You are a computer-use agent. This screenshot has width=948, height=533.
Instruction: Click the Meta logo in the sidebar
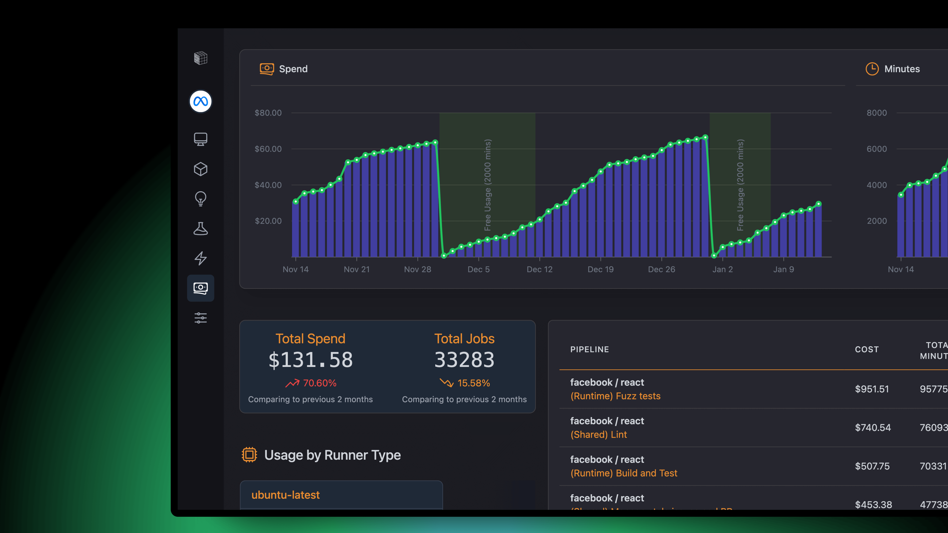[200, 101]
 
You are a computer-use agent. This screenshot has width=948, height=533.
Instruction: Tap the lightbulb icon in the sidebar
[200, 199]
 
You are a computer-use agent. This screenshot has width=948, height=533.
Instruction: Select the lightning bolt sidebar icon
[200, 258]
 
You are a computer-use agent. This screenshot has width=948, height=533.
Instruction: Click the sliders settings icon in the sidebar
[200, 318]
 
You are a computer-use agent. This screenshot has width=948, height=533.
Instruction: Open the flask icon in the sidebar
[200, 228]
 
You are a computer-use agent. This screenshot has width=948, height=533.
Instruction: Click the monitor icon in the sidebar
[200, 139]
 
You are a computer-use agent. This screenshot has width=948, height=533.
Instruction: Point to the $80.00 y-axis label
[268, 113]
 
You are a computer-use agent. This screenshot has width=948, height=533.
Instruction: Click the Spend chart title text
[293, 69]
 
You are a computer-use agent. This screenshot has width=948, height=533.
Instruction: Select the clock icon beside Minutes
[872, 69]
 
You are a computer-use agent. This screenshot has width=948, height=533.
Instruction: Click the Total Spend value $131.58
[311, 360]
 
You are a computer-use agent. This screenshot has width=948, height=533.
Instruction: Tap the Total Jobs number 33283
[464, 360]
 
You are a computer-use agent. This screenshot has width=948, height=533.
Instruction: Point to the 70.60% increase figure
[319, 383]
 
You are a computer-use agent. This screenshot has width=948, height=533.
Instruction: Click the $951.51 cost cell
[872, 389]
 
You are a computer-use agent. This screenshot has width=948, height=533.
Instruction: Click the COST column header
[867, 349]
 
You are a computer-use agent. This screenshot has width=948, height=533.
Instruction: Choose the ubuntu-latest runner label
[286, 495]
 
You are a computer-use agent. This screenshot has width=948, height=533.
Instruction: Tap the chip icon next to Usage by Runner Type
[249, 455]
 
